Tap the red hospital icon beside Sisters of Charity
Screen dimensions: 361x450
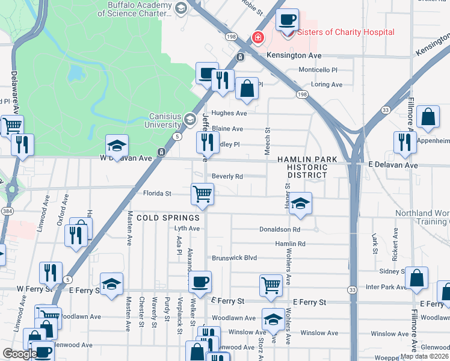click(x=258, y=39)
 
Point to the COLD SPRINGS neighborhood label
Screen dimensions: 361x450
click(x=168, y=217)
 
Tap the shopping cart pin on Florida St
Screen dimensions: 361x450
click(x=202, y=194)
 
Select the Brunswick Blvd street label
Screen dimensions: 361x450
click(x=234, y=258)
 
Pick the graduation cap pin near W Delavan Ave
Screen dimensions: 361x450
click(x=117, y=146)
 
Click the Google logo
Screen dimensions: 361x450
click(x=20, y=354)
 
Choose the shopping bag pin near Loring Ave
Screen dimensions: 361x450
click(x=247, y=89)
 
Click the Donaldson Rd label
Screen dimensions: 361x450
click(x=279, y=229)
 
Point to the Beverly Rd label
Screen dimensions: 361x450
click(x=227, y=176)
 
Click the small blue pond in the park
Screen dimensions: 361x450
click(x=75, y=74)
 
